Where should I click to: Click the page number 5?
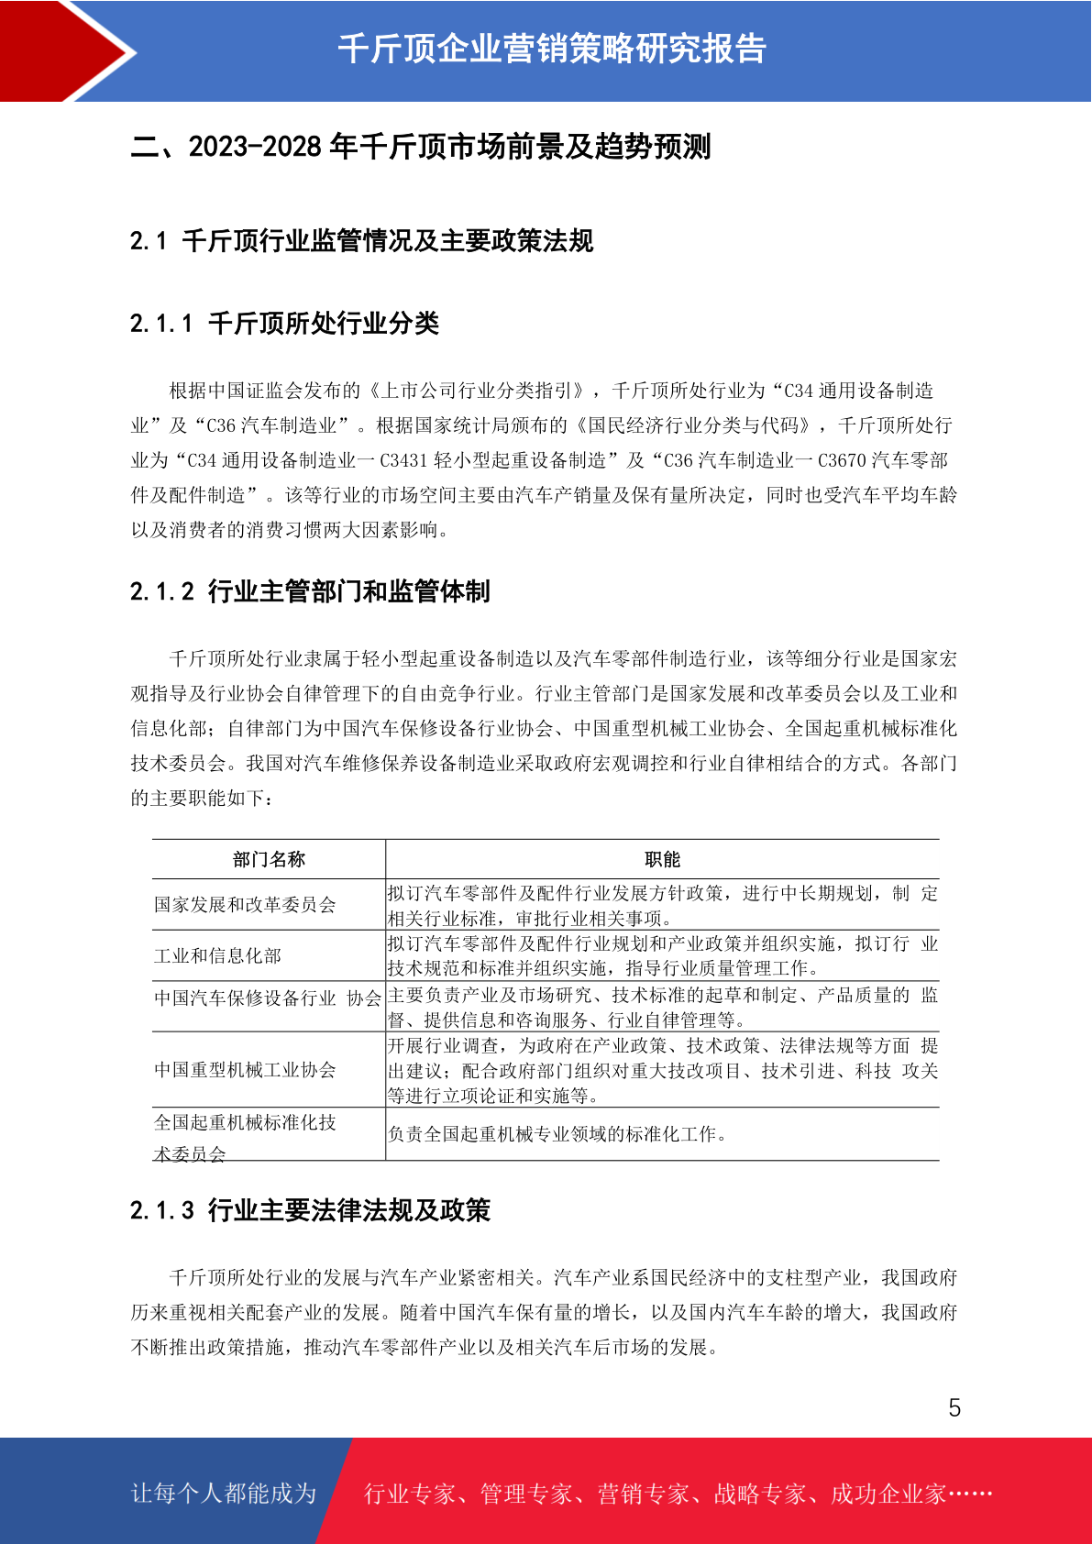point(954,1407)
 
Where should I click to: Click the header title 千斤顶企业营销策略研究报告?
point(552,49)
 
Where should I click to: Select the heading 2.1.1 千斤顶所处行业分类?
point(284,324)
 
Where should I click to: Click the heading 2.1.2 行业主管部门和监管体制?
point(310,591)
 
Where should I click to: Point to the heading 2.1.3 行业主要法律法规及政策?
point(310,1210)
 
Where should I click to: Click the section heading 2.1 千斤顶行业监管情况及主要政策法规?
point(361,241)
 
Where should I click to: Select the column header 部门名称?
point(269,859)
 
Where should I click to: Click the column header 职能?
point(662,859)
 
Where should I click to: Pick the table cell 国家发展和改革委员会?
point(245,905)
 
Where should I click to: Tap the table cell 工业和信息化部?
point(217,955)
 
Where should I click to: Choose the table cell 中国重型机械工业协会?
point(245,1070)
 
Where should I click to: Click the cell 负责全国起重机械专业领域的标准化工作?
point(557,1134)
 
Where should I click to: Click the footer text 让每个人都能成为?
point(224,1494)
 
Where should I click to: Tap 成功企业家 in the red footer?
point(888,1494)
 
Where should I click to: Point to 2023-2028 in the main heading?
point(255,147)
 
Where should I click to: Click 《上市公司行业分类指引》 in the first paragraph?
point(476,391)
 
